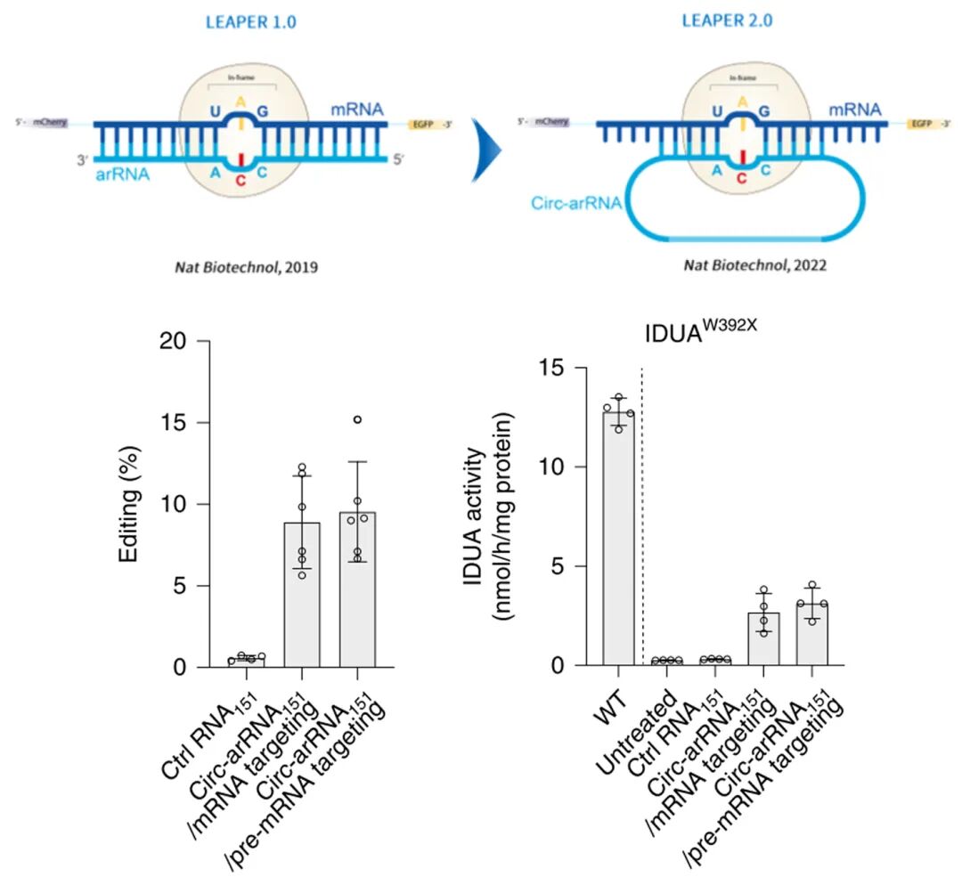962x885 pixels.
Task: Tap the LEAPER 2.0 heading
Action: coord(724,20)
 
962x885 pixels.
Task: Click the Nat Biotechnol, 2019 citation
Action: coord(233,265)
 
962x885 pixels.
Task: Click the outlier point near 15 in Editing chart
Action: coord(357,418)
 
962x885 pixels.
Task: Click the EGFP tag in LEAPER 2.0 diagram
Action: coord(919,125)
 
